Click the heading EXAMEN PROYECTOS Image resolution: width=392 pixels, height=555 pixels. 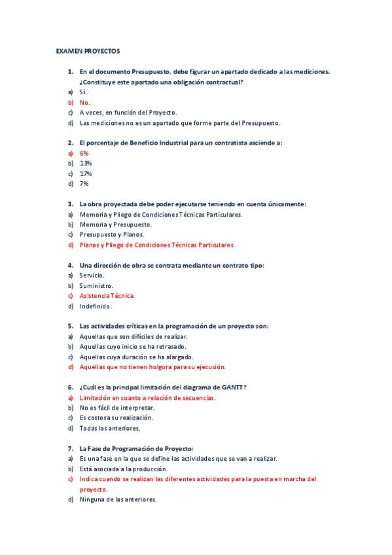pyautogui.click(x=88, y=50)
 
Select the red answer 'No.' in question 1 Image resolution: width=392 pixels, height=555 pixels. pyautogui.click(x=84, y=102)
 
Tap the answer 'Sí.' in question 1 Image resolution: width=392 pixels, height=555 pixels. pyautogui.click(x=83, y=92)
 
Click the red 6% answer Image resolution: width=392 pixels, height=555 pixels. pyautogui.click(x=84, y=152)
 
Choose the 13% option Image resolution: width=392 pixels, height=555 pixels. pyautogui.click(x=85, y=163)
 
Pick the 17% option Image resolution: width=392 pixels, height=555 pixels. pyautogui.click(x=85, y=173)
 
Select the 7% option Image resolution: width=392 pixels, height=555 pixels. pyautogui.click(x=84, y=184)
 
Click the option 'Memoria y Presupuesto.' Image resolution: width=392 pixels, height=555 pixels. pyautogui.click(x=115, y=224)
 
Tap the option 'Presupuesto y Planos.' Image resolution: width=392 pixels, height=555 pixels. pyautogui.click(x=112, y=234)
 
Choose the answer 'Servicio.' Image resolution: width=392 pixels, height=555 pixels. pyautogui.click(x=92, y=275)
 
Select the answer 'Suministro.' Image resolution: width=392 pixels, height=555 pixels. pyautogui.click(x=96, y=285)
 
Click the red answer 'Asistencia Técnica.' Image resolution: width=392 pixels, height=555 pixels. pyautogui.click(x=107, y=296)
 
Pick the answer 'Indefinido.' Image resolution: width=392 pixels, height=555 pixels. pyautogui.click(x=96, y=306)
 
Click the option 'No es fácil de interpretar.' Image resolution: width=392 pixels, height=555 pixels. pyautogui.click(x=116, y=408)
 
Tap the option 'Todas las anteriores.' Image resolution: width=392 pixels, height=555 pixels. pyautogui.click(x=109, y=428)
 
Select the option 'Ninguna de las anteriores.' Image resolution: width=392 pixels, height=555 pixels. pyautogui.click(x=118, y=499)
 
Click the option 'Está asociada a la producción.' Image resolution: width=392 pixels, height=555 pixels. pyautogui.click(x=123, y=469)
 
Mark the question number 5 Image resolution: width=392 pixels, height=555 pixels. pyautogui.click(x=70, y=326)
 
